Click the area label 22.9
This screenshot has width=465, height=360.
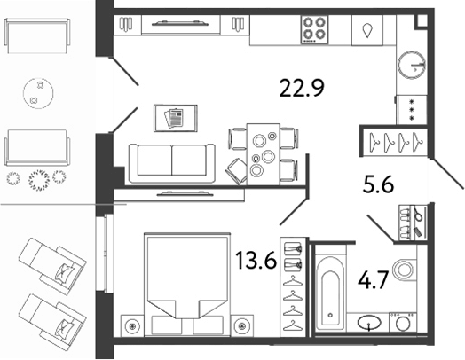coord(302,88)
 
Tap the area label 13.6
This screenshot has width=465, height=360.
coord(256,260)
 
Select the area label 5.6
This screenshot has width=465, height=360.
coord(378,184)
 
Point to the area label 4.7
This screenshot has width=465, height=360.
coord(373,280)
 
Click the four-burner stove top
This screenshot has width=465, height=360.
coord(315,29)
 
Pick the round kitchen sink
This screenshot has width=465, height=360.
coord(412,65)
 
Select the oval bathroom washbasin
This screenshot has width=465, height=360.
coord(369,323)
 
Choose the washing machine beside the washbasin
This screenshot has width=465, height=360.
coord(402,323)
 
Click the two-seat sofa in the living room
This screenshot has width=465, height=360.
coord(172,163)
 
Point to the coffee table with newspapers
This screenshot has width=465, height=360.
coord(176,118)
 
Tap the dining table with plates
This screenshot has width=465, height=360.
coord(263,154)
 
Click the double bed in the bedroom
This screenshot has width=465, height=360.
coord(187,285)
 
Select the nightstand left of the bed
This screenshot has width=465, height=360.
coord(132,326)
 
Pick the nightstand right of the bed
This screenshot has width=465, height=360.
coord(242,326)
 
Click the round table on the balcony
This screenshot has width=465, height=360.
coord(38,93)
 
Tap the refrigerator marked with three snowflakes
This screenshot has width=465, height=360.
coord(412,110)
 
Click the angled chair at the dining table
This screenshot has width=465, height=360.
coord(236,171)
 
